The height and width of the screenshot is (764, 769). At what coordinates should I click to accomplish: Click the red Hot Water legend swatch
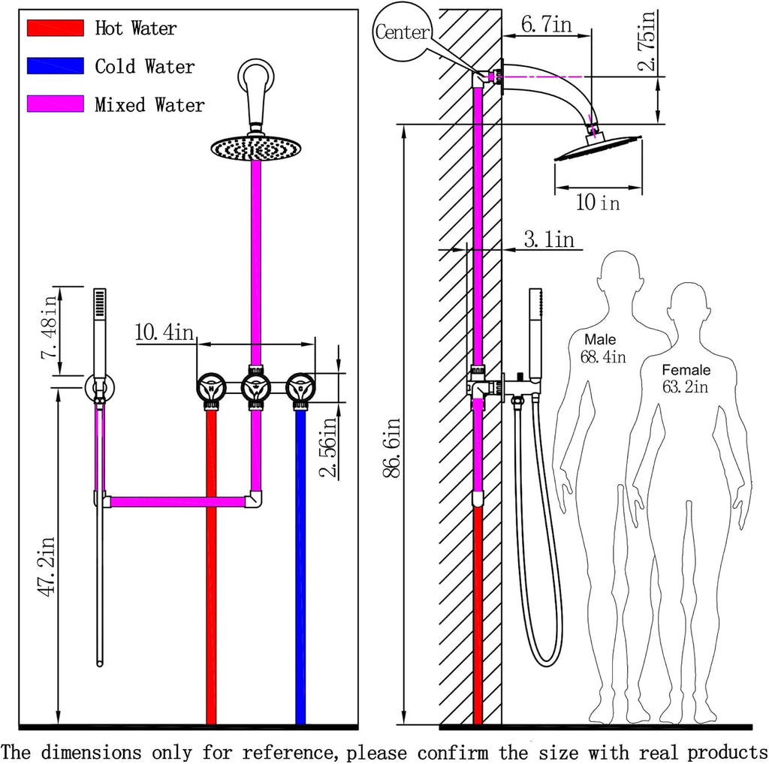tap(56, 28)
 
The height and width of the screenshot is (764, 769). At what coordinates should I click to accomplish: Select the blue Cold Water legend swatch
tap(56, 65)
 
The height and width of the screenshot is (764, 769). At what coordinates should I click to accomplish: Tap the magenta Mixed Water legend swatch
tap(56, 104)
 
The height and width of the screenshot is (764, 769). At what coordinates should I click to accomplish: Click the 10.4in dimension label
tap(164, 332)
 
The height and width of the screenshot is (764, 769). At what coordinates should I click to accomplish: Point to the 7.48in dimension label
tap(50, 327)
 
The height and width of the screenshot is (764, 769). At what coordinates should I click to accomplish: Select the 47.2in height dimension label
tap(47, 567)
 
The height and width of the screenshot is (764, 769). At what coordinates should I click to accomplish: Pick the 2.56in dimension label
tap(328, 447)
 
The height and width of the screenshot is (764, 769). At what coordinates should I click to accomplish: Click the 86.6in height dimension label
tap(391, 448)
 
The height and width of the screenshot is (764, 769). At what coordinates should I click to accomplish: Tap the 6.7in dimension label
tap(547, 23)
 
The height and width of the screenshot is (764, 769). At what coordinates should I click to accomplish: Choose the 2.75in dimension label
tap(647, 41)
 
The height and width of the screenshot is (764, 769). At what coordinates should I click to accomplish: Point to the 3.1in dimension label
tap(549, 239)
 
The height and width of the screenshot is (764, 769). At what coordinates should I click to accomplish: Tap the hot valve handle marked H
tap(211, 388)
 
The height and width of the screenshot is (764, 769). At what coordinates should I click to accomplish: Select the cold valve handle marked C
tap(300, 388)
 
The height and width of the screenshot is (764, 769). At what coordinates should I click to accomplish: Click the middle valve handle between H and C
tap(256, 388)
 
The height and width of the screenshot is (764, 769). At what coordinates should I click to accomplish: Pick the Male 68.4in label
tap(603, 348)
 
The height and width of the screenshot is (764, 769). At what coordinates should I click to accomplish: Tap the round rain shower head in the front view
tap(256, 148)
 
